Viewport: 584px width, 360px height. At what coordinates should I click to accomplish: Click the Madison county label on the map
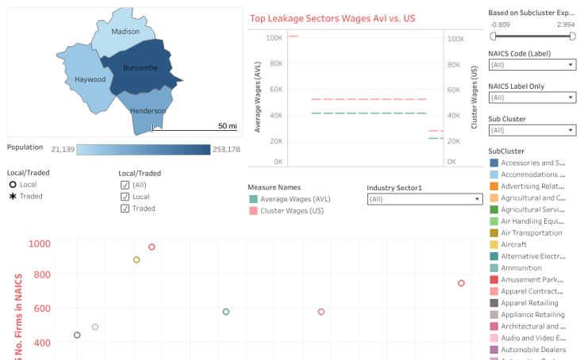click(x=125, y=32)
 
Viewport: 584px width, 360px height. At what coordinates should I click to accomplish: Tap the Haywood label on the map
click(x=90, y=79)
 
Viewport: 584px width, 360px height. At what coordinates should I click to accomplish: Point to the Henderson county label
click(x=148, y=111)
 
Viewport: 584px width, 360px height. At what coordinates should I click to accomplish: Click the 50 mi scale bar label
click(x=227, y=125)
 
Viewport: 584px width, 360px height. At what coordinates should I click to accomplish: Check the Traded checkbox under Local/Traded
click(x=125, y=209)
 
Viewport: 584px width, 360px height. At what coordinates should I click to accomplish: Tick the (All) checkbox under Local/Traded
click(x=125, y=185)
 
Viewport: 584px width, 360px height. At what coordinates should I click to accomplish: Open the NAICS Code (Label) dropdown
click(x=532, y=64)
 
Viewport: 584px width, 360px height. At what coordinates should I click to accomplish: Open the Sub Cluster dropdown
click(x=532, y=129)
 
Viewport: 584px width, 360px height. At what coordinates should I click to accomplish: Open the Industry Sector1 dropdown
click(x=424, y=199)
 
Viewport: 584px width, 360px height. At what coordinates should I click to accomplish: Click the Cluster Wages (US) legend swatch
click(x=253, y=211)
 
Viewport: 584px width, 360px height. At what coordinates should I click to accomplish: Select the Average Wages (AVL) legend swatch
click(x=253, y=199)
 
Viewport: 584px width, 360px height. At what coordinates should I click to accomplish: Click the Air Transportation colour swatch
click(x=494, y=233)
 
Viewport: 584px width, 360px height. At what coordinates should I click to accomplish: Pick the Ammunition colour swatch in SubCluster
click(x=494, y=268)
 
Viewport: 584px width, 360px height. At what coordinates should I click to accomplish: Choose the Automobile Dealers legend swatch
click(x=494, y=350)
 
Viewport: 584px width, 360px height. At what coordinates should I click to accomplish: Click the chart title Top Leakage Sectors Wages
click(x=332, y=18)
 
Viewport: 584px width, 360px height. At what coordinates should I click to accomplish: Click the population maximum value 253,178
click(x=226, y=149)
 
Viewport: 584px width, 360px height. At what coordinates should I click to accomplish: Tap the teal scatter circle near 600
click(x=226, y=312)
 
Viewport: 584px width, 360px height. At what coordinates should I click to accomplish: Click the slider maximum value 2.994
click(x=566, y=25)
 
